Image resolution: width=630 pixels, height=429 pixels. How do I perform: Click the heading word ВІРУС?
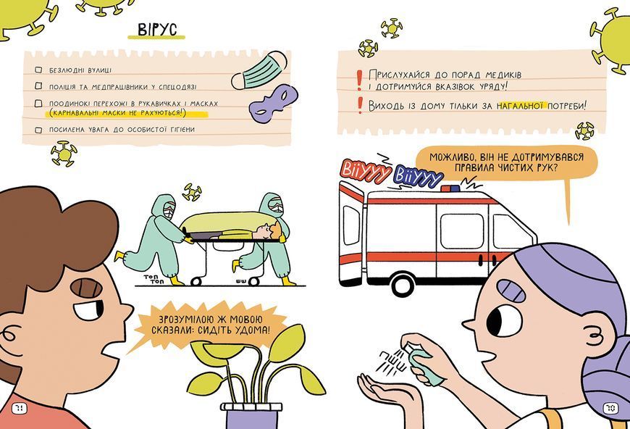[x=156, y=29]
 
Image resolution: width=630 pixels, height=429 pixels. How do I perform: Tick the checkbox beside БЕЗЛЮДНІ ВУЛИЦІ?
[x=38, y=70]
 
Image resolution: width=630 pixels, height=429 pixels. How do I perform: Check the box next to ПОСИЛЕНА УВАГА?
[x=38, y=130]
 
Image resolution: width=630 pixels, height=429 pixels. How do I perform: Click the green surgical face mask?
[x=259, y=70]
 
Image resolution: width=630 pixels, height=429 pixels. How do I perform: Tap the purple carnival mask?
[x=273, y=102]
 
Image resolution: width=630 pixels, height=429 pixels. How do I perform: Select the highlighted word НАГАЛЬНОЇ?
[x=521, y=106]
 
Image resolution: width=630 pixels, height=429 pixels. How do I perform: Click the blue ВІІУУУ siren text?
[x=419, y=175]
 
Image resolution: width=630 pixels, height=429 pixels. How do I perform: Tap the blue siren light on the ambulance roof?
[x=450, y=188]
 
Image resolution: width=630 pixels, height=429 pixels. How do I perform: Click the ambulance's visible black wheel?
[x=403, y=284]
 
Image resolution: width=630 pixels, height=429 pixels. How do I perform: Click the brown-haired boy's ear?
[x=9, y=334]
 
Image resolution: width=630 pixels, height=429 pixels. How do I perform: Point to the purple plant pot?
[x=251, y=416]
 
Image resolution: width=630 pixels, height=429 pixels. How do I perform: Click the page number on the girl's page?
[x=610, y=409]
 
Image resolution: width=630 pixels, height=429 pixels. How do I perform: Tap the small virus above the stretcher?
[x=192, y=192]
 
